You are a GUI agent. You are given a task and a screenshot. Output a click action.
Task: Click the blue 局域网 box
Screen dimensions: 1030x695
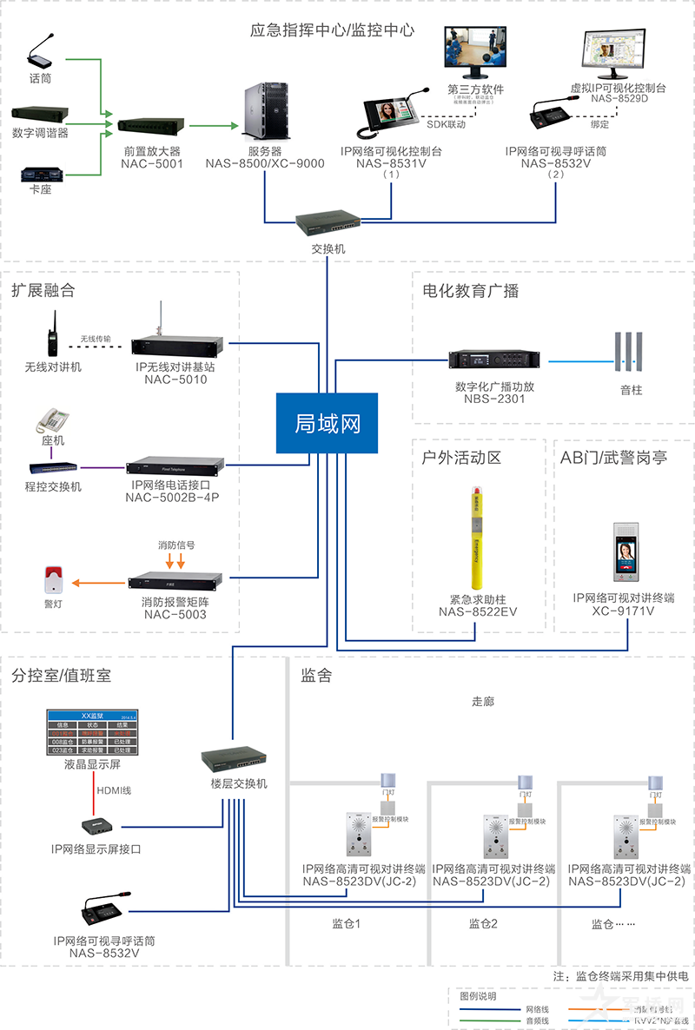(x=328, y=423)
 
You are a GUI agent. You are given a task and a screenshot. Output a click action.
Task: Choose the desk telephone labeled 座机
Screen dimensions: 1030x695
(x=51, y=419)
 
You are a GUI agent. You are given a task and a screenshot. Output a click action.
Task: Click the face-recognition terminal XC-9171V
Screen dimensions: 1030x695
(x=625, y=553)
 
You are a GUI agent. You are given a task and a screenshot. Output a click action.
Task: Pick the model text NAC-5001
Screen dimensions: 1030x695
(x=152, y=162)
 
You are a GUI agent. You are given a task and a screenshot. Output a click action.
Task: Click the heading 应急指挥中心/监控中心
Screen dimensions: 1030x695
(x=333, y=30)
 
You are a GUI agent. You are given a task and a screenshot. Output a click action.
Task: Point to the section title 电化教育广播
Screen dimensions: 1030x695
(x=470, y=291)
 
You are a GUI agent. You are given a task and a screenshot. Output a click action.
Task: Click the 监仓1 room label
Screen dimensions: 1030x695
(x=346, y=923)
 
